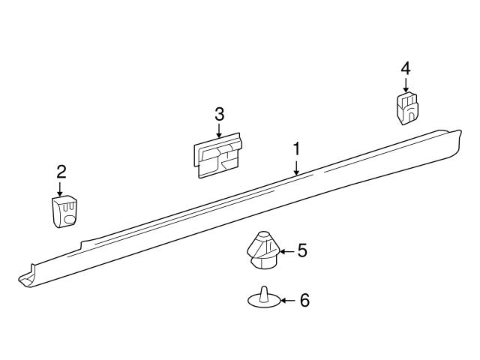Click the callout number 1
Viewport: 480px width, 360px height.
296,149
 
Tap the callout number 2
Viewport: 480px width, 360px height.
61,172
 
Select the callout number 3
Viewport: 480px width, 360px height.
219,114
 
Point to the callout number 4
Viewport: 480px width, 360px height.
406,68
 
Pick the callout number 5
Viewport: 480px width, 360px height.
301,250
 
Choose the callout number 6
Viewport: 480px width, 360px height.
304,300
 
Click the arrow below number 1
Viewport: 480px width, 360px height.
296,167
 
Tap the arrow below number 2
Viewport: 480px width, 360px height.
60,189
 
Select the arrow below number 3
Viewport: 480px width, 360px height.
218,130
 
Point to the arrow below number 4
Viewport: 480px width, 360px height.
406,85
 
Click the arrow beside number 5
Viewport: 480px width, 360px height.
286,252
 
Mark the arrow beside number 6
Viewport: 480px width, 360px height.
288,301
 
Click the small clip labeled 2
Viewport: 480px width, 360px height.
64,211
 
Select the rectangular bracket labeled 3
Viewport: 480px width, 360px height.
217,155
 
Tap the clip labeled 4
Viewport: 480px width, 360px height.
406,107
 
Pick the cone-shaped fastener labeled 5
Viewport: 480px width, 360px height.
262,250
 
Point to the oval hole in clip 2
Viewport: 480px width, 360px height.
70,220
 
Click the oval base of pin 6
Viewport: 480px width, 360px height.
264,301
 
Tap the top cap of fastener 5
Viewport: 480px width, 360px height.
262,236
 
